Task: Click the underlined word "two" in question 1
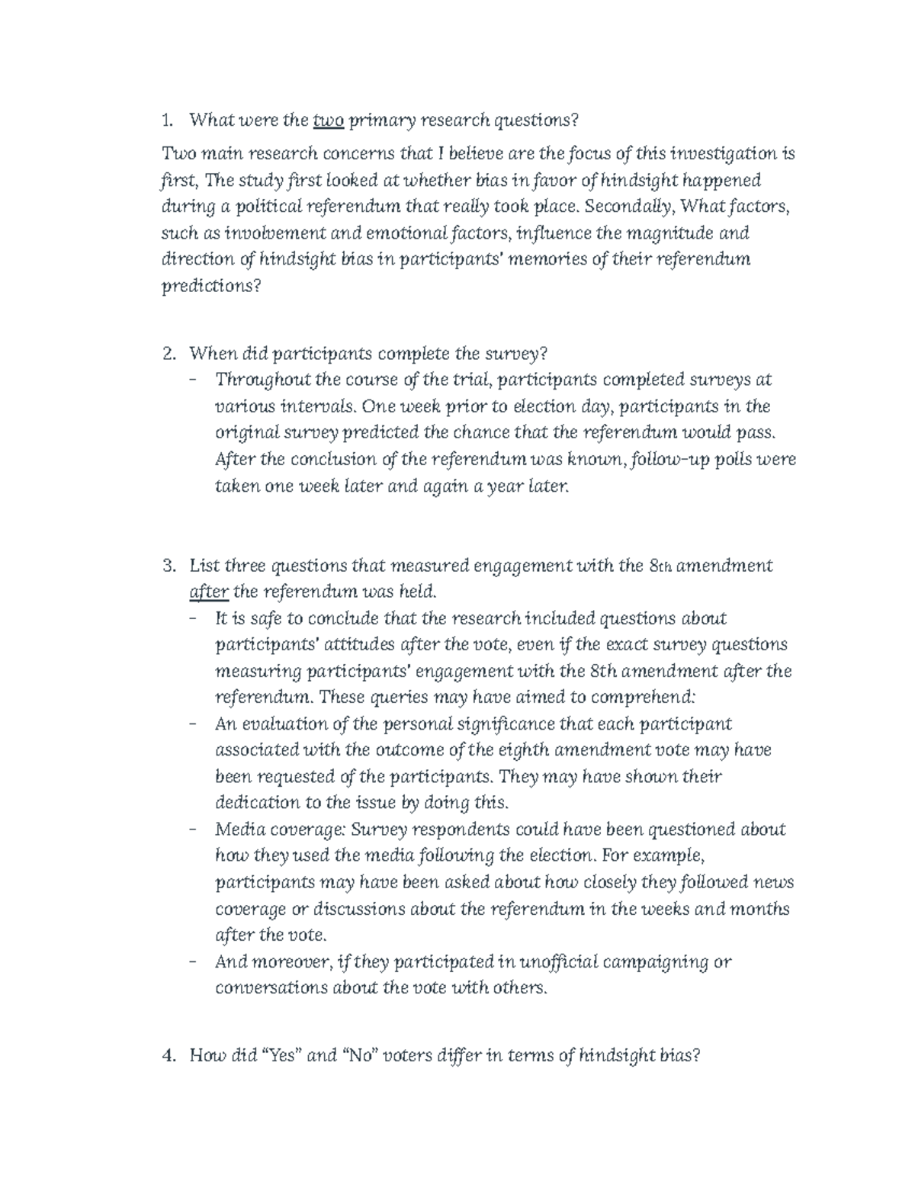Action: click(x=329, y=120)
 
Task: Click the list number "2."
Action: click(x=170, y=354)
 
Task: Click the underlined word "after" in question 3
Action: click(x=208, y=592)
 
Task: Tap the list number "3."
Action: click(x=170, y=566)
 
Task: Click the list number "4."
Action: click(x=170, y=1055)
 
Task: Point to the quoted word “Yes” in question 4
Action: click(x=282, y=1055)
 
